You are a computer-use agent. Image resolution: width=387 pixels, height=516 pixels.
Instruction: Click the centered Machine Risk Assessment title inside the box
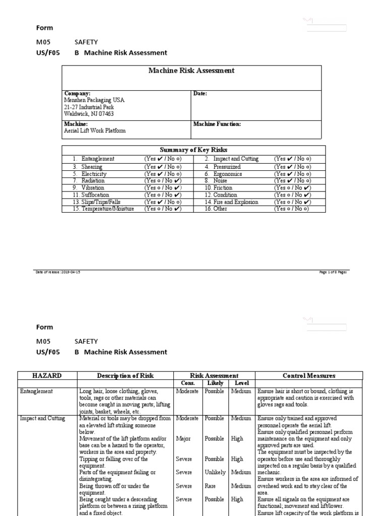coord(191,71)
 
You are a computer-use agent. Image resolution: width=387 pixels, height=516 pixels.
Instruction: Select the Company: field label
coord(77,93)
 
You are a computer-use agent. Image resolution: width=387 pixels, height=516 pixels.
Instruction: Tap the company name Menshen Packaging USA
coord(94,100)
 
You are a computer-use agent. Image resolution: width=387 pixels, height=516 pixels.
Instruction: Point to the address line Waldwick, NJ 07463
coord(89,114)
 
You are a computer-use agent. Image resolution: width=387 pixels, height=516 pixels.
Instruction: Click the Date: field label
coord(200,93)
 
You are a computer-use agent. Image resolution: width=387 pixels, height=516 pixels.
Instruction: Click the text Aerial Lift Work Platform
coord(95,131)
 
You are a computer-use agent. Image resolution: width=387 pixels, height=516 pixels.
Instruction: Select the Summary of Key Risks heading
coord(193,150)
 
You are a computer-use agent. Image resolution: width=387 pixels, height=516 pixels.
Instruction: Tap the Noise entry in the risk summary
coord(220,180)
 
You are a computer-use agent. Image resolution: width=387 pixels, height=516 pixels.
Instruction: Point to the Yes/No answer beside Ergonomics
coord(292,174)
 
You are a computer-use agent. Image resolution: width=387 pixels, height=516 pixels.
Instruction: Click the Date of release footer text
coord(57,272)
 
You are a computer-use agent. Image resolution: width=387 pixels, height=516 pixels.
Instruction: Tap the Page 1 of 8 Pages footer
coord(333,272)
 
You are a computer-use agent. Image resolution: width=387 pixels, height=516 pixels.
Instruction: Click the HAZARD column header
coord(47,375)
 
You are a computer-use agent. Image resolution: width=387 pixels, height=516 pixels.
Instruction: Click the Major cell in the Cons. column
coord(183,439)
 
